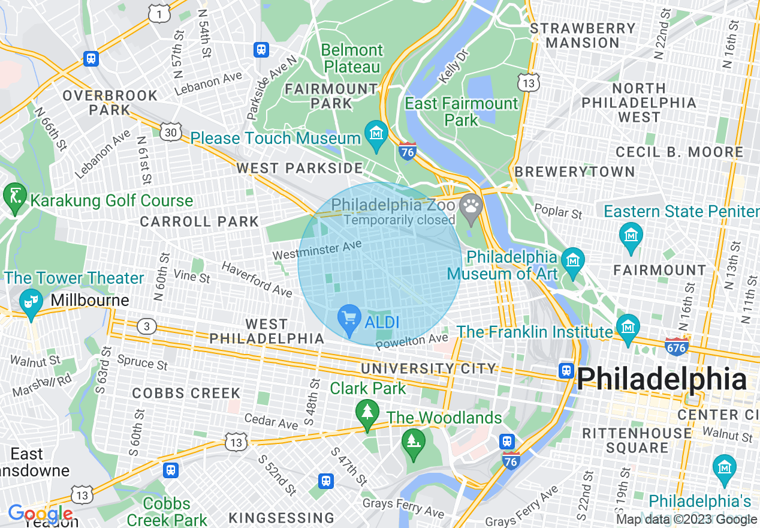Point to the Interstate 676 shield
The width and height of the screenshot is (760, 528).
pyautogui.click(x=677, y=346)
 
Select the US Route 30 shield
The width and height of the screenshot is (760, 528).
pyautogui.click(x=171, y=131)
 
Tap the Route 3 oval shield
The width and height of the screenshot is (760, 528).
pyautogui.click(x=146, y=326)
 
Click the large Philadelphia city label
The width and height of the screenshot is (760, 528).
pyautogui.click(x=662, y=379)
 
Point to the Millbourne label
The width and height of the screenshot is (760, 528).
pyautogui.click(x=91, y=300)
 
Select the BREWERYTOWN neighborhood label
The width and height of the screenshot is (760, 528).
pyautogui.click(x=574, y=172)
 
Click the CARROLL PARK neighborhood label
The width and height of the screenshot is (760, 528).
pyautogui.click(x=199, y=221)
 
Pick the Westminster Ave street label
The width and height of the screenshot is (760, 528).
pyautogui.click(x=317, y=250)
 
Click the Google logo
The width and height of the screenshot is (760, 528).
pyautogui.click(x=40, y=514)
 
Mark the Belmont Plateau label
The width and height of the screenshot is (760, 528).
pyautogui.click(x=352, y=58)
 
